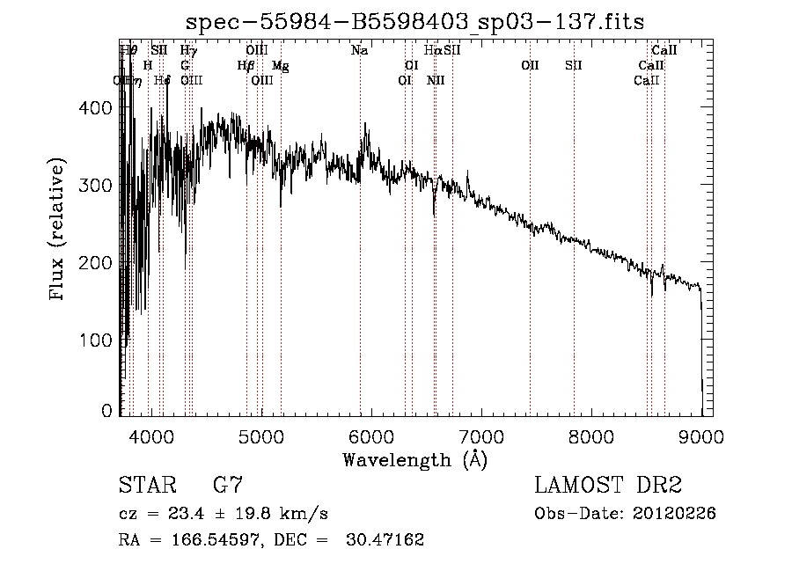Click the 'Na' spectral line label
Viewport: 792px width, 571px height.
coord(359,51)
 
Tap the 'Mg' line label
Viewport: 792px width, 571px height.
coord(281,66)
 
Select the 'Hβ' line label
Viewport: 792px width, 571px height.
coord(246,66)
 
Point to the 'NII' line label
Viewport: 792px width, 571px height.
coord(436,80)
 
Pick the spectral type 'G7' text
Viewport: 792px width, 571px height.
coord(227,485)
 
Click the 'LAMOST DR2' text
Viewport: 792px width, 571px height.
coord(608,485)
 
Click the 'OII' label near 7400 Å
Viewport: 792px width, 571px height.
coord(529,66)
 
